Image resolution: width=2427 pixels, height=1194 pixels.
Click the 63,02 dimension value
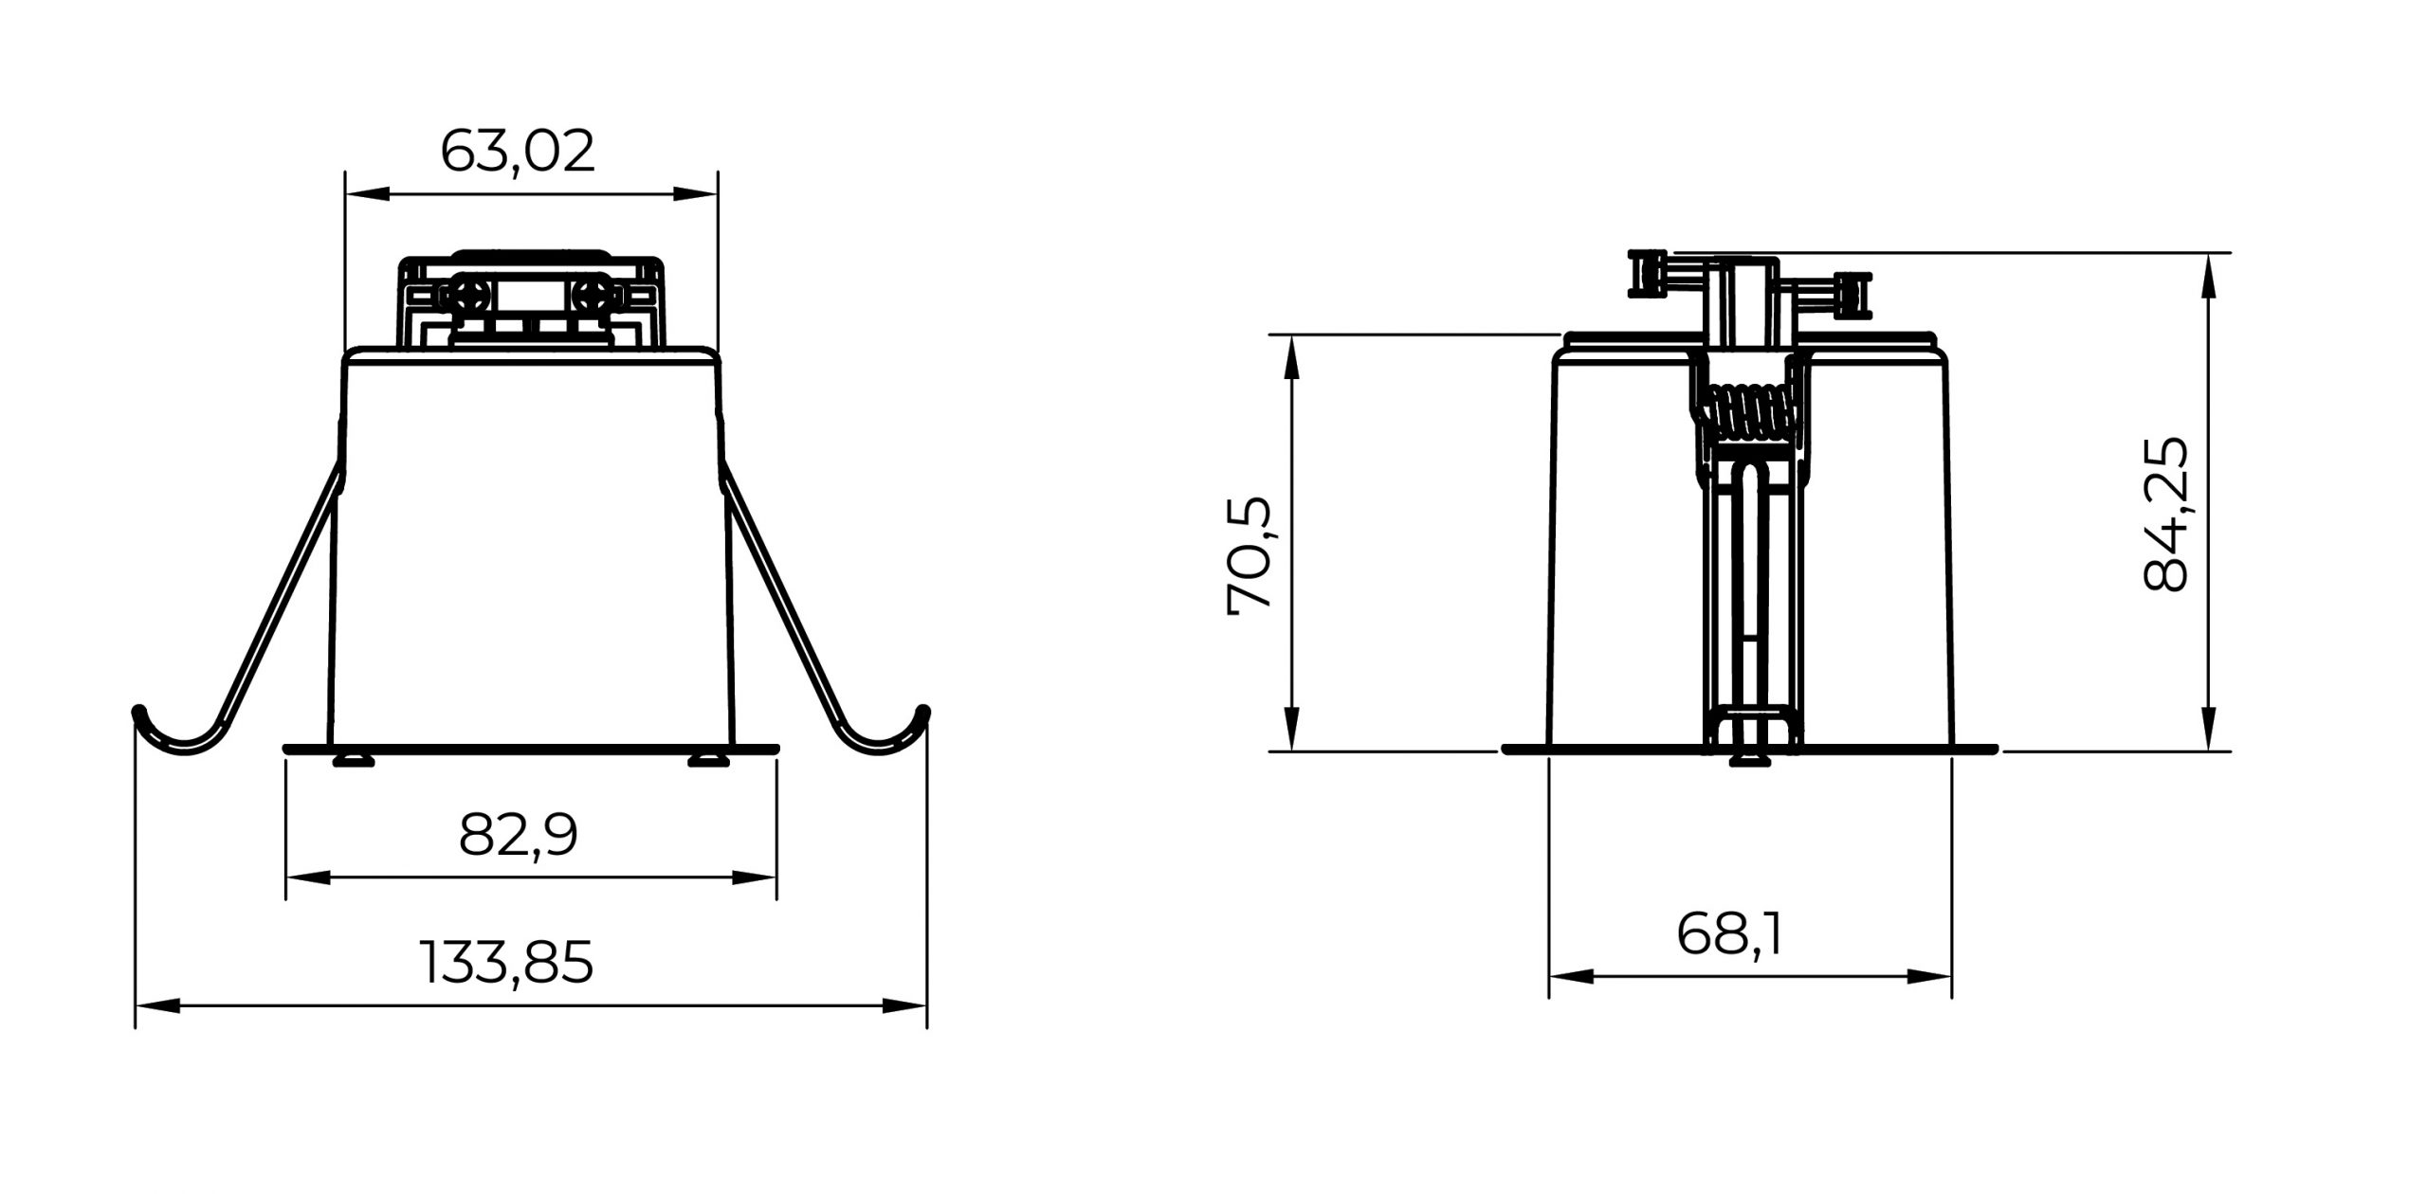tap(518, 152)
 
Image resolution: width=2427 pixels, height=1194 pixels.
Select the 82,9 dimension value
tap(518, 835)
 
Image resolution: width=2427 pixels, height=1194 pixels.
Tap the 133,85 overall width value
tap(506, 962)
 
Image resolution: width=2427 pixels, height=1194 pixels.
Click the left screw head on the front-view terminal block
tap(470, 296)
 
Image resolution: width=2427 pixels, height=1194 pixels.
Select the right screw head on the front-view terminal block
tap(594, 296)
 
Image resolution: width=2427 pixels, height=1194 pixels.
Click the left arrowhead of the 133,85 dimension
tap(157, 1005)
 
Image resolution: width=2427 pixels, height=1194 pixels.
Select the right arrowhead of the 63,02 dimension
tap(696, 194)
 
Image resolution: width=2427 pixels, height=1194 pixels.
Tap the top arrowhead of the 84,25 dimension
tap(2209, 276)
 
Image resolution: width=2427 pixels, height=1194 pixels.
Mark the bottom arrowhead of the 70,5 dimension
tap(1290, 729)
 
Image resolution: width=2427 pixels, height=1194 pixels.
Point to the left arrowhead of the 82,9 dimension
tap(308, 877)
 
